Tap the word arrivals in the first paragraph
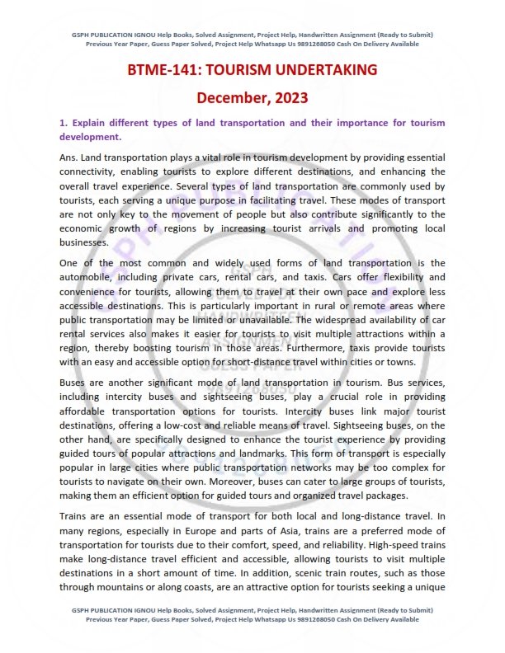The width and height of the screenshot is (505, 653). tap(329, 231)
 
